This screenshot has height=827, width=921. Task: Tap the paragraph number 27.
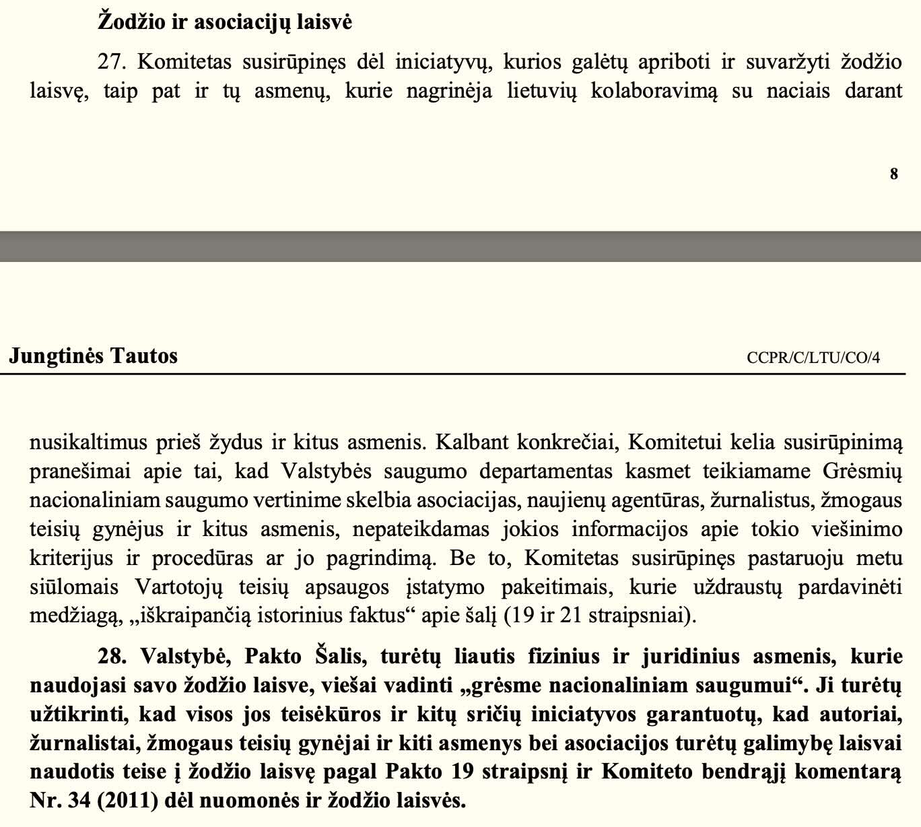(x=112, y=62)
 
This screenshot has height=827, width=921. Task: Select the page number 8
(x=893, y=174)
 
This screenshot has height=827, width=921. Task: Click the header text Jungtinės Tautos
(x=93, y=356)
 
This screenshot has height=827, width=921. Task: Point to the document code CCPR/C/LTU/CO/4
(x=813, y=357)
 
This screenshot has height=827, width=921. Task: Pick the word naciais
(x=798, y=91)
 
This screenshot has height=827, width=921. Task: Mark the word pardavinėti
(x=850, y=587)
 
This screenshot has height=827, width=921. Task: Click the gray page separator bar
(x=460, y=246)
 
